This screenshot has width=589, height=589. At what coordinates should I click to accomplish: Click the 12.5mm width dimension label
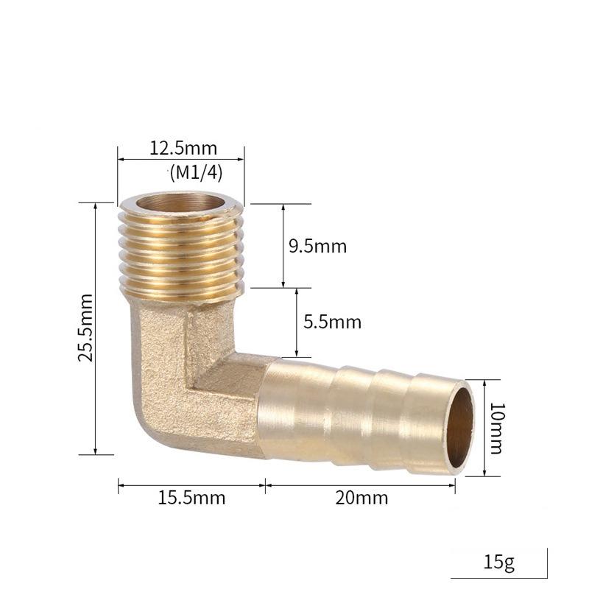coord(179,148)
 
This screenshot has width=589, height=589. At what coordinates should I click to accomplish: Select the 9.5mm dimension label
coord(317,246)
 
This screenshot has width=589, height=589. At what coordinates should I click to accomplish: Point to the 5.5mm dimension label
coord(332,322)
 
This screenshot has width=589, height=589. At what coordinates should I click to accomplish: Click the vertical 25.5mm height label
coord(86,328)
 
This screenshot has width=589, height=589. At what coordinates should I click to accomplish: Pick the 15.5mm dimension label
coord(191,498)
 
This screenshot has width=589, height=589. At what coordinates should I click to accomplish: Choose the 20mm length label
coord(361,498)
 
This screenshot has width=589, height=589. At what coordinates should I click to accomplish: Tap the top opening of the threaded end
coord(180,203)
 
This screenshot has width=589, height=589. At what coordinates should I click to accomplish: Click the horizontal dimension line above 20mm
coord(361,484)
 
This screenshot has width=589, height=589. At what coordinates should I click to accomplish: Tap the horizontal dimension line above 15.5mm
coord(191,484)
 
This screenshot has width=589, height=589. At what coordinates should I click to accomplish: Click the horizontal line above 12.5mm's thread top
coord(180,158)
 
